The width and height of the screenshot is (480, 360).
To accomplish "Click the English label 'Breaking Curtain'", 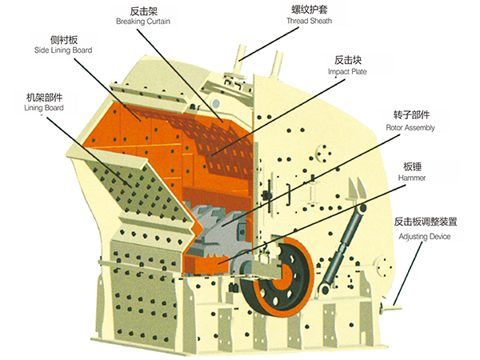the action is tap(143, 22).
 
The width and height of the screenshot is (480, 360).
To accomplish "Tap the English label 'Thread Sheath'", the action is tap(309, 21).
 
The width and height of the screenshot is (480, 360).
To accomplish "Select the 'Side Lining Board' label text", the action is tap(63, 50).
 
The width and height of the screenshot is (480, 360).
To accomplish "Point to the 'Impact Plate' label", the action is tap(347, 72).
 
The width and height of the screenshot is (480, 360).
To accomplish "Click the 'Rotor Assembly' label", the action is tap(410, 128).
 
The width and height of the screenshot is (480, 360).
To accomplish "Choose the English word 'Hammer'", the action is tap(412, 178).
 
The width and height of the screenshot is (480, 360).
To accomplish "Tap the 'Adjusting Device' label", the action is tap(424, 237).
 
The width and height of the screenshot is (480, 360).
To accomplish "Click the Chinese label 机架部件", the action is tap(44, 98).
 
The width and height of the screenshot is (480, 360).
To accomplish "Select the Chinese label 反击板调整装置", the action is tap(426, 222).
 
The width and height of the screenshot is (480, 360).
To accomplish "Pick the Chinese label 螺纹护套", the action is tap(309, 10).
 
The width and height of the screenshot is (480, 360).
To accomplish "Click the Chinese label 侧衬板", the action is tap(64, 40).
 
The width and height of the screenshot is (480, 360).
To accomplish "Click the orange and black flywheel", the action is tap(277, 277).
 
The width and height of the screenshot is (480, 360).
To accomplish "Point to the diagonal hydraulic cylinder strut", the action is tap(342, 248).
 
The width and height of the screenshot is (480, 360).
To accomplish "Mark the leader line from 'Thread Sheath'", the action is tap(269, 44).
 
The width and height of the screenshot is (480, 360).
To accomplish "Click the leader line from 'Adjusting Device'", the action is tap(408, 274).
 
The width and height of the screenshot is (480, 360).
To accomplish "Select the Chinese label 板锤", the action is tap(412, 167).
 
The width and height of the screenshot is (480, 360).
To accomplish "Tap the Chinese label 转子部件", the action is tap(411, 115).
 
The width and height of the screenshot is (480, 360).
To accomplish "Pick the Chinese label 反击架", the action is tap(143, 11).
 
